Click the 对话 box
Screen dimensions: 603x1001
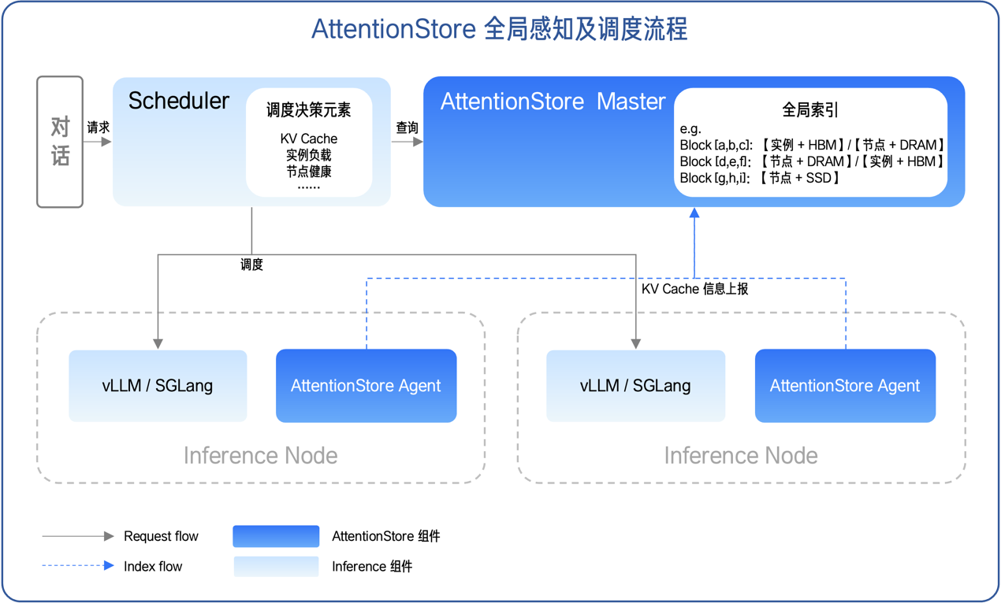tap(60, 142)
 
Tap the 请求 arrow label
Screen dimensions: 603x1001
tap(99, 128)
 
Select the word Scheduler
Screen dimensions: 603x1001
tap(179, 101)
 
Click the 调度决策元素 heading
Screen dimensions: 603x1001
tap(308, 110)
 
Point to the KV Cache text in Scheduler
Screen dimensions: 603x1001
tap(308, 139)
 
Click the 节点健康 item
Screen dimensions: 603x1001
tap(308, 171)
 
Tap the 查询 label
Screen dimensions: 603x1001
tap(407, 128)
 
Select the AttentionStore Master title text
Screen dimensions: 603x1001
tap(553, 102)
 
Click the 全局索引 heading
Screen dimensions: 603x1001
tap(809, 110)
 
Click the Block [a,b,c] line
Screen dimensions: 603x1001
tap(812, 145)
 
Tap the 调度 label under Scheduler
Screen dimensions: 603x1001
tap(251, 265)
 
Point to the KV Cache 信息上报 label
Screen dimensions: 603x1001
tap(694, 289)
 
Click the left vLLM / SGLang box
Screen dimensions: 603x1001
tap(158, 386)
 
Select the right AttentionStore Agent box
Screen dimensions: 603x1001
tap(845, 386)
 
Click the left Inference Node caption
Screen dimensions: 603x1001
tap(260, 455)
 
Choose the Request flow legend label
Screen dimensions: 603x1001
tap(161, 536)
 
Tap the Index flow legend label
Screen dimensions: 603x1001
tap(153, 566)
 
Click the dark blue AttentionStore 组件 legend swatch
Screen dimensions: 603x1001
tap(276, 536)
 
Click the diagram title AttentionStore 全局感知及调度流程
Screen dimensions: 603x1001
tap(500, 29)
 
